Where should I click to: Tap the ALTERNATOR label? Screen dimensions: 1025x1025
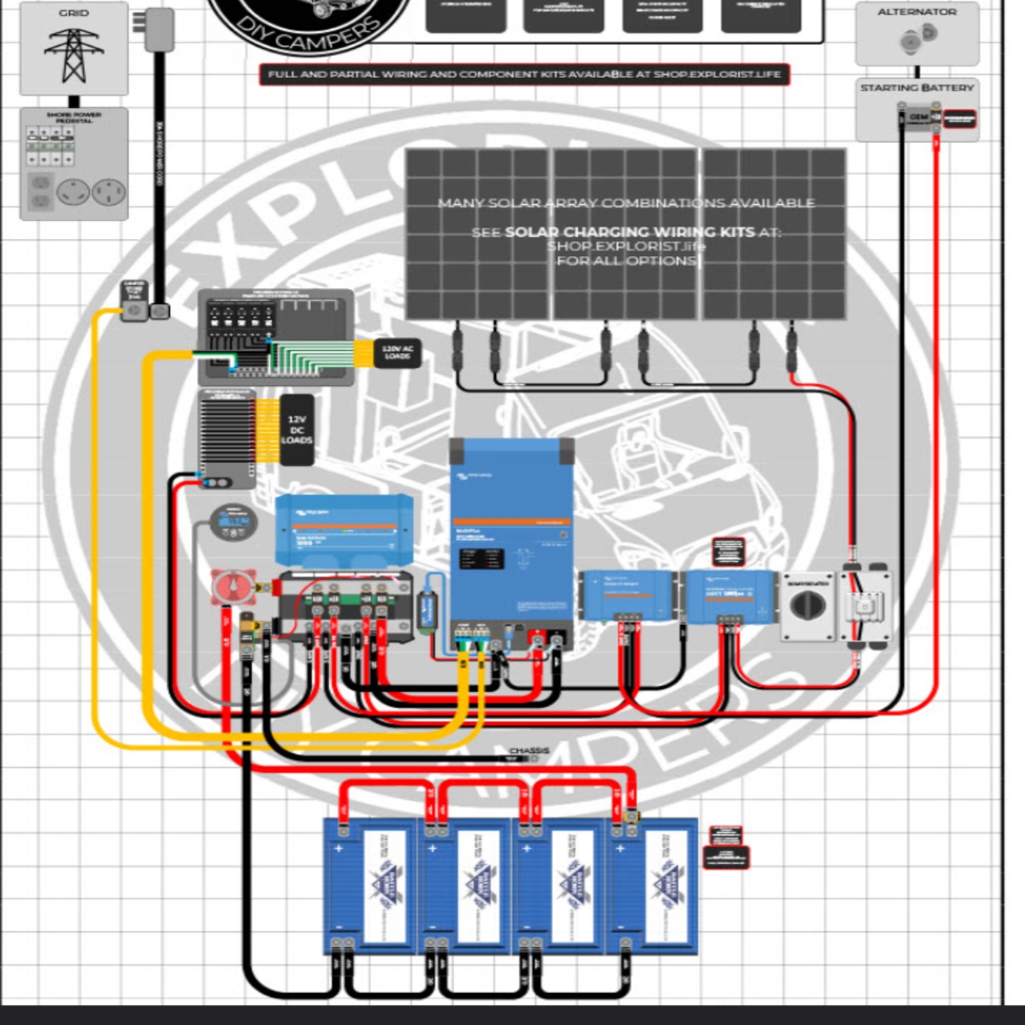coord(917,12)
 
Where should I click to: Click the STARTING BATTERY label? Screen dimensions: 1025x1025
coord(917,87)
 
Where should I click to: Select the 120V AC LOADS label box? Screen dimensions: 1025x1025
coord(398,352)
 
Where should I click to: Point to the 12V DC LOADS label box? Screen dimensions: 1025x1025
coord(296,430)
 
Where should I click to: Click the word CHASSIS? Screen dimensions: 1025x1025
coord(529,751)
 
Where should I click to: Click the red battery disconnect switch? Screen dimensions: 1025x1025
coord(233,587)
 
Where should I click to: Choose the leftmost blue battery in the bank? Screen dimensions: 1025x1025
coord(370,885)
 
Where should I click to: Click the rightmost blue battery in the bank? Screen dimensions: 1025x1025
coord(653,885)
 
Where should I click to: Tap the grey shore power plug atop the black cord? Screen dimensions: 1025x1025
coord(159,30)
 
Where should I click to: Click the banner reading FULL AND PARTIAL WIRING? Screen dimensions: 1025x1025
coord(525,74)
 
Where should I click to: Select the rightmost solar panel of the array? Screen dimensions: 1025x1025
coord(774,234)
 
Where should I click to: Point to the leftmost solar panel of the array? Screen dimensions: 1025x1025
coord(478,234)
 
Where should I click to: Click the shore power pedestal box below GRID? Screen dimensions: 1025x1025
coord(74,164)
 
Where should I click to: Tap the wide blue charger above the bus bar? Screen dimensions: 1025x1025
coord(344,530)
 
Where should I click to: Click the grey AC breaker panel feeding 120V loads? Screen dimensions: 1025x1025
coord(275,336)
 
